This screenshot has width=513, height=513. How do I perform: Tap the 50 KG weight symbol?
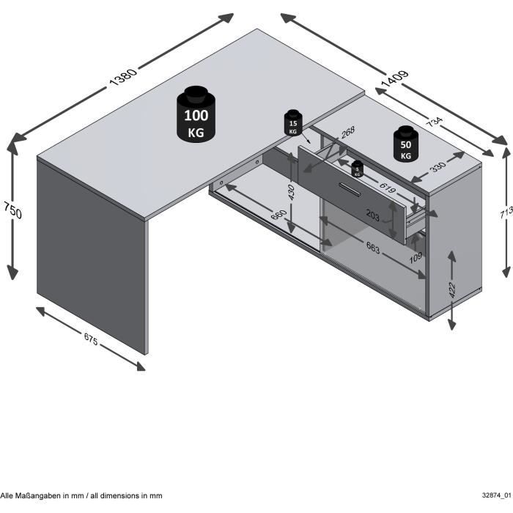coord(405,144)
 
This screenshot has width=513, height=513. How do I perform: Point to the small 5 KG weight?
coord(357,169)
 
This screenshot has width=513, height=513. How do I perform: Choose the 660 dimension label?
coord(279,219)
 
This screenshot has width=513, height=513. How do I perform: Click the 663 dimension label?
coord(372,248)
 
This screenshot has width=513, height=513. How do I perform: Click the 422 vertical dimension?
coord(452,290)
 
